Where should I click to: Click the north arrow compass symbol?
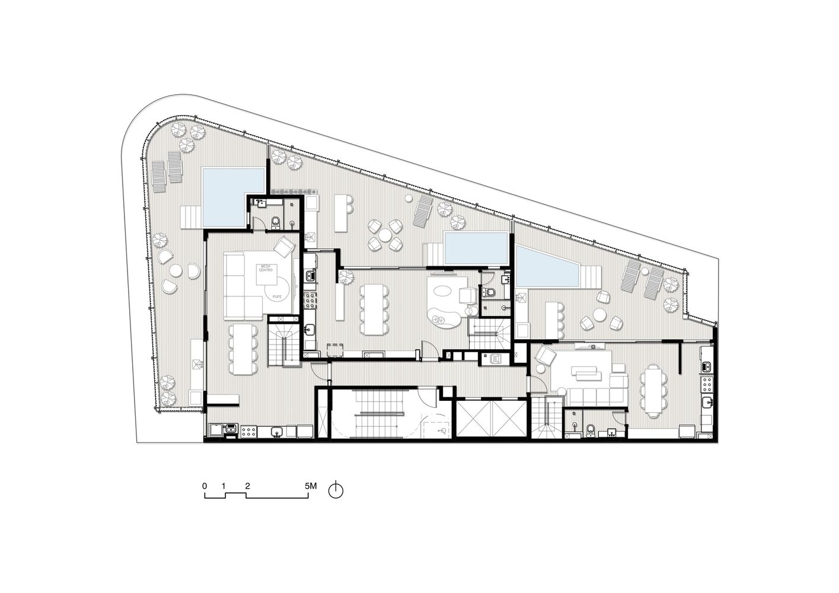pyautogui.click(x=336, y=490)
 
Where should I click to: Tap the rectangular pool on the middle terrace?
pyautogui.click(x=476, y=248)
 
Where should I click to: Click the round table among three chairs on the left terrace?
pyautogui.click(x=176, y=272)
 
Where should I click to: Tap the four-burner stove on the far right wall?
pyautogui.click(x=706, y=385)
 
